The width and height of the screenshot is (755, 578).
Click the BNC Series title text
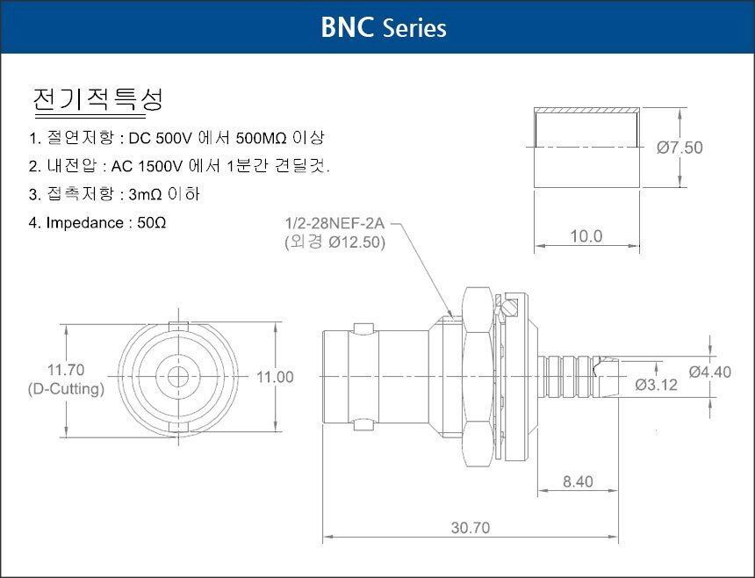[x=384, y=27]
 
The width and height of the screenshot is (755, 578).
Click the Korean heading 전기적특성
[x=97, y=99]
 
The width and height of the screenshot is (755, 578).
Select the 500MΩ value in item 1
[x=262, y=138]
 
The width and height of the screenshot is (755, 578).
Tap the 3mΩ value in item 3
[x=145, y=195]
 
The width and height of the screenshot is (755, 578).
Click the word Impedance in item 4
[x=84, y=223]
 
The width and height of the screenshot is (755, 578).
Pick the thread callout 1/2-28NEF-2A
[x=335, y=223]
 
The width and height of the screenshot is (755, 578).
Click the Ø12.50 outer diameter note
[x=356, y=242]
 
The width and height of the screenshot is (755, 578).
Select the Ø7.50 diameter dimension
[x=679, y=148]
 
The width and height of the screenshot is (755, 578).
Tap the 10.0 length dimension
[x=586, y=236]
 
